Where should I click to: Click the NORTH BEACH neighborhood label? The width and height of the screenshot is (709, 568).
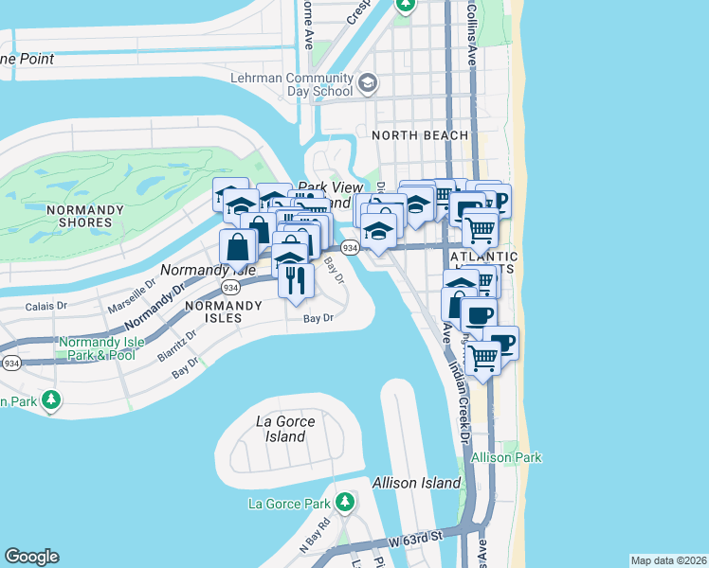coord(419,135)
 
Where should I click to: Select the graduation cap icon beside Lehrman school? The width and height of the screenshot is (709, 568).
coord(367,84)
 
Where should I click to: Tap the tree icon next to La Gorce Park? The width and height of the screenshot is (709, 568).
coord(347,501)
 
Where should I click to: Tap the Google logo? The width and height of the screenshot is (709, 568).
coord(31,557)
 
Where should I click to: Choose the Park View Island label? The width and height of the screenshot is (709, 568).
coord(324,195)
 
